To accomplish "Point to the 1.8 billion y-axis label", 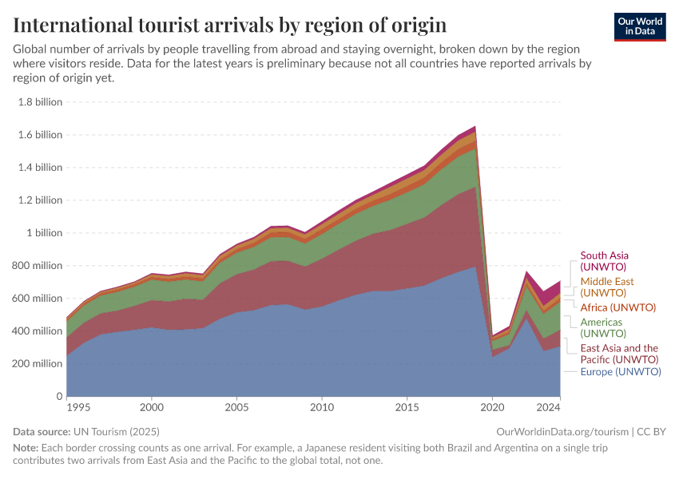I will pyautogui.click(x=39, y=102).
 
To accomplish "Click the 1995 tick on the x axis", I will pyautogui.click(x=77, y=407).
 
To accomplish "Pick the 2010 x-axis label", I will pyautogui.click(x=322, y=407).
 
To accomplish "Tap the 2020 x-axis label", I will pyautogui.click(x=492, y=407).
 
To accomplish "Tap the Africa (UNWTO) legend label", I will pyautogui.click(x=617, y=307).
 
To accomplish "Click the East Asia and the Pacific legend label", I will pyautogui.click(x=619, y=354).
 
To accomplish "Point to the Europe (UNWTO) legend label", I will pyautogui.click(x=621, y=372).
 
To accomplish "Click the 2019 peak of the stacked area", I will pyautogui.click(x=475, y=126).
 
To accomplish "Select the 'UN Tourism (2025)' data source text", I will pyautogui.click(x=117, y=432).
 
